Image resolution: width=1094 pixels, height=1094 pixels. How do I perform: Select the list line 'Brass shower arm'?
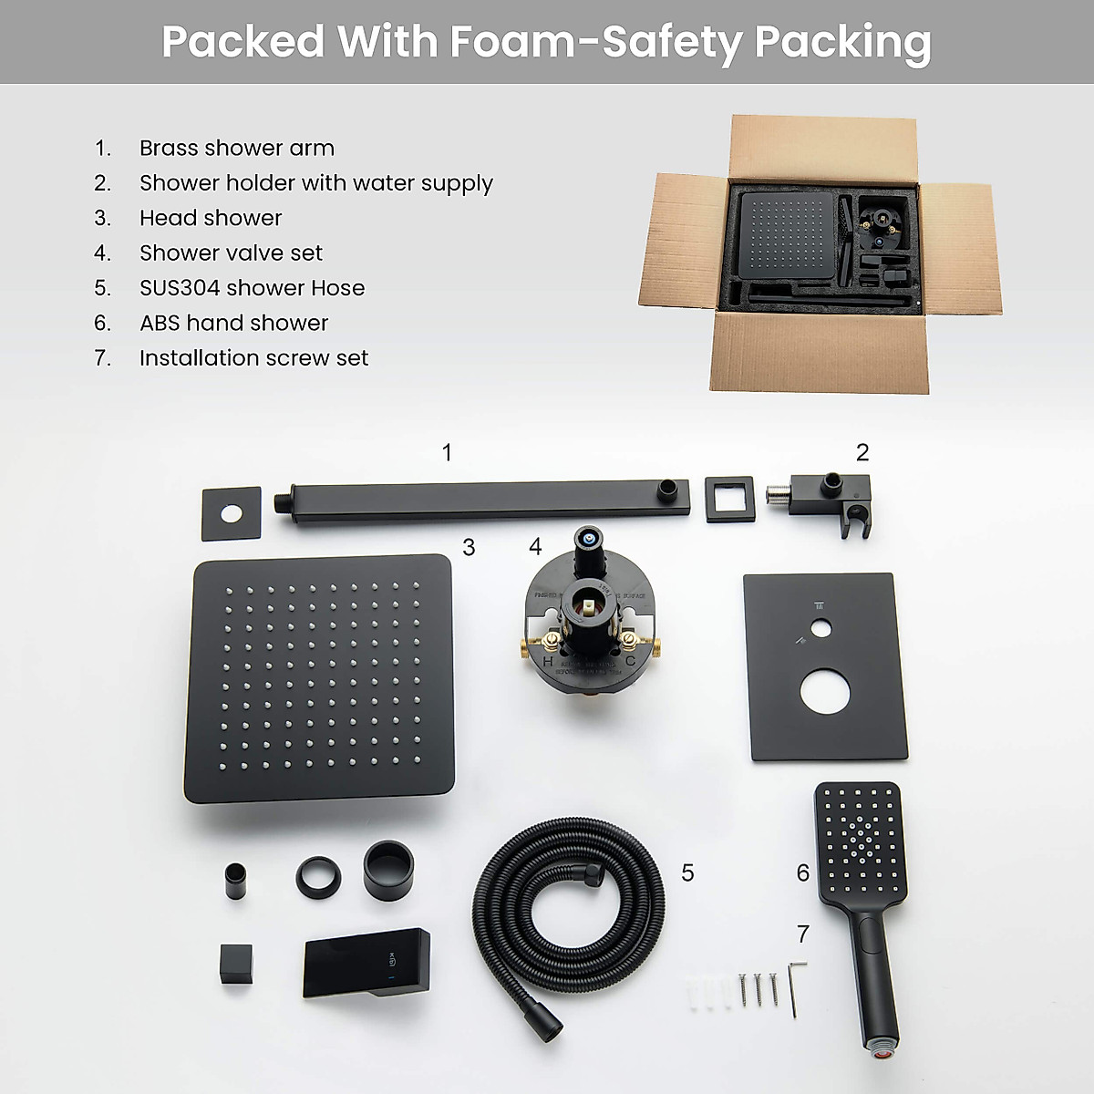(x=236, y=148)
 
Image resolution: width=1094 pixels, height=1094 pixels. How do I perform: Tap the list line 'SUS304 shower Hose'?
(x=252, y=288)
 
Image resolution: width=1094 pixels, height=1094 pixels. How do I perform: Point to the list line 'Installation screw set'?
(x=253, y=358)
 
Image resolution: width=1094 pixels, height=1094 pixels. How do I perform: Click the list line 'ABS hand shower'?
(x=233, y=323)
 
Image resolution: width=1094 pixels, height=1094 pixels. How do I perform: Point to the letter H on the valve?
(x=549, y=661)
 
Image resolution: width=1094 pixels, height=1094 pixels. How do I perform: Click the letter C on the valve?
(x=629, y=661)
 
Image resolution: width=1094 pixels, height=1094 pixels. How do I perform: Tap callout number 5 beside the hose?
(x=687, y=872)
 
